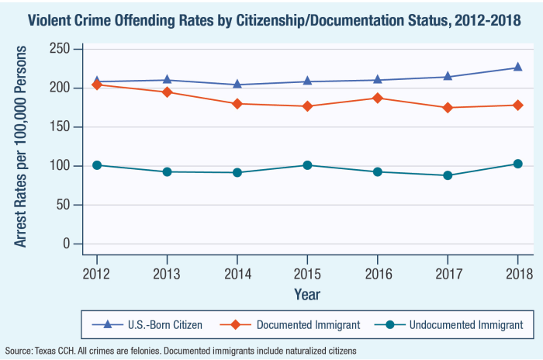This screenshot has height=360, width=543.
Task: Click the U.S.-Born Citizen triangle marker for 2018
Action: pyautogui.click(x=518, y=67)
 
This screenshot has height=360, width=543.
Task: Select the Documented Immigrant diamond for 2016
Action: pyautogui.click(x=378, y=98)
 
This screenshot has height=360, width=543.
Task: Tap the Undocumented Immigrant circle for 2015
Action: pyautogui.click(x=307, y=165)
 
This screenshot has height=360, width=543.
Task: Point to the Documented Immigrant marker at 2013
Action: pyautogui.click(x=167, y=92)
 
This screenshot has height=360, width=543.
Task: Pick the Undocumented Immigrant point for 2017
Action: pyautogui.click(x=448, y=175)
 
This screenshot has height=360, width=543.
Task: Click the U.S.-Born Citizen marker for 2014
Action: pyautogui.click(x=237, y=85)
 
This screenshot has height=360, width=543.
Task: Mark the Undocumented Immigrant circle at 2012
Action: pyautogui.click(x=97, y=165)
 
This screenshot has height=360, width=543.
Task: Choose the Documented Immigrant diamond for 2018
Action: pyautogui.click(x=518, y=105)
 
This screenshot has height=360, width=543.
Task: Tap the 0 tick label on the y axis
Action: pyautogui.click(x=67, y=244)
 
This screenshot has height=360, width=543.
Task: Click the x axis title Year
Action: pyautogui.click(x=307, y=294)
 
